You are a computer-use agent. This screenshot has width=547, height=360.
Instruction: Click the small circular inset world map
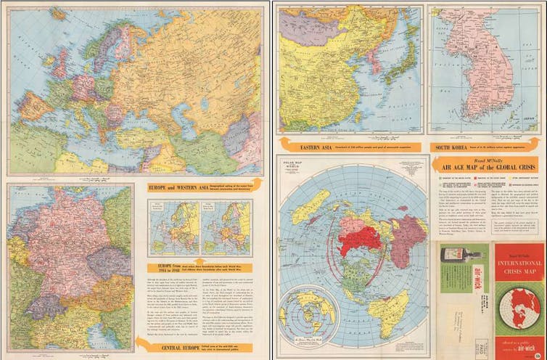click(309, 313)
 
